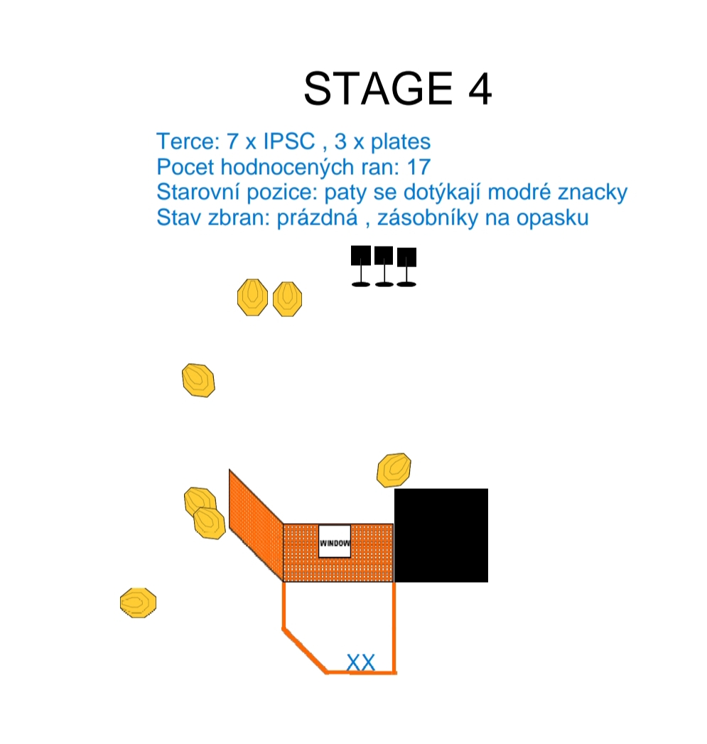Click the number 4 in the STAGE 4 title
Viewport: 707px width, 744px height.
(480, 89)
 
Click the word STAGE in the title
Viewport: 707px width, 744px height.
(378, 88)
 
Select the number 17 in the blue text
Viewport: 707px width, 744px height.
(419, 167)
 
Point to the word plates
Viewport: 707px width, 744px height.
(401, 142)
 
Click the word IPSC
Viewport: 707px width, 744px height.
(289, 141)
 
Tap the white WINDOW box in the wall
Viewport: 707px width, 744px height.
(335, 541)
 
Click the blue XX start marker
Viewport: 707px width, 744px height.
(361, 663)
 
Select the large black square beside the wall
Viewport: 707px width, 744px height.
(441, 535)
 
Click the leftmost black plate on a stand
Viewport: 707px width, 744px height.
(361, 266)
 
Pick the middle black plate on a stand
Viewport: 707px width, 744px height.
(384, 266)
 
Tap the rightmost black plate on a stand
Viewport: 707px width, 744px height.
(406, 267)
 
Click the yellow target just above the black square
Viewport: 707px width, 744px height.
(394, 470)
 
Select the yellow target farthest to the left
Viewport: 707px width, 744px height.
(138, 603)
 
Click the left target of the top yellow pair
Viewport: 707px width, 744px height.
(252, 297)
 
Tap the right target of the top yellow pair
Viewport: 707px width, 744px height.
(288, 299)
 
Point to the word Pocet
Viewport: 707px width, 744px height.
(185, 167)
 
